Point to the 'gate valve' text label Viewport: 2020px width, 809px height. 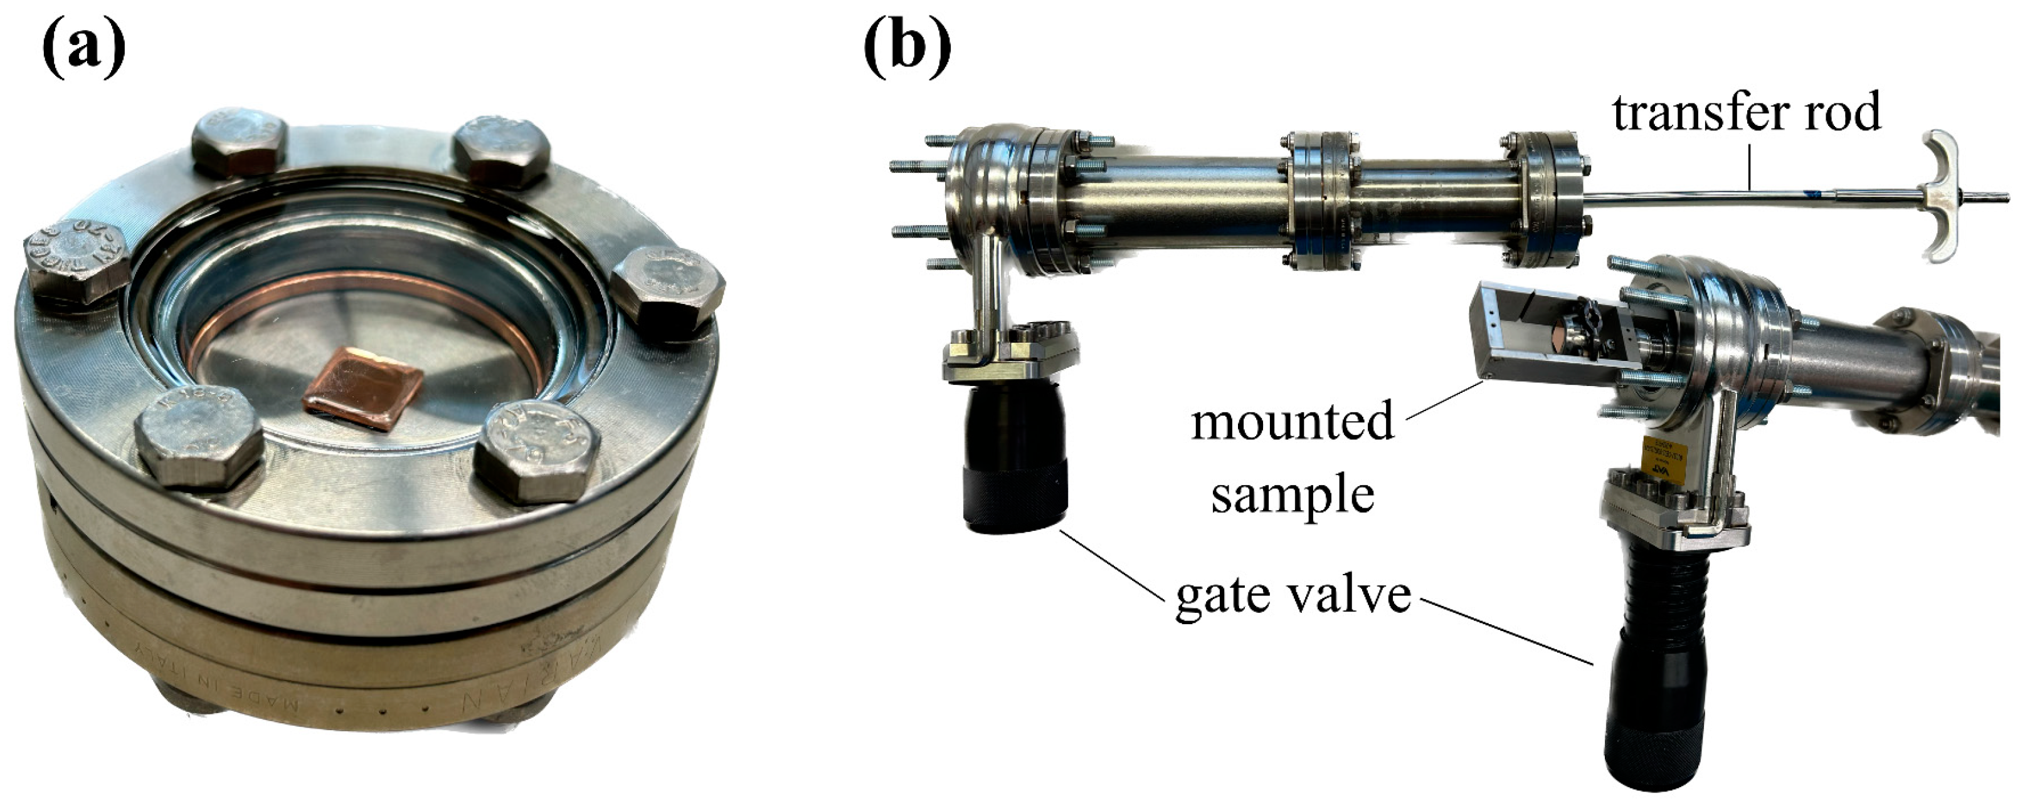point(1293,596)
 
